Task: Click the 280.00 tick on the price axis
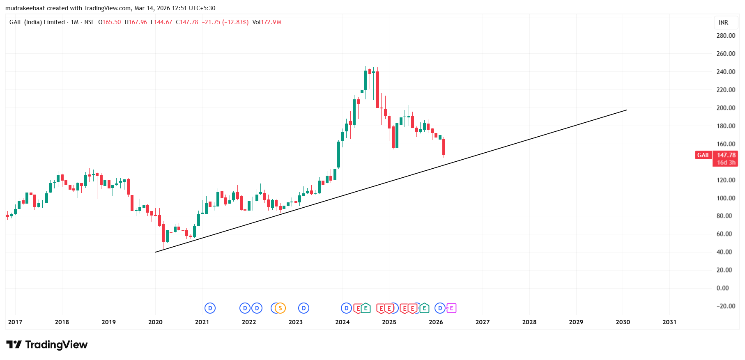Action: pyautogui.click(x=725, y=36)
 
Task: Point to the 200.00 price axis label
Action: pyautogui.click(x=725, y=108)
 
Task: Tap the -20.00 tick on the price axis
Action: pyautogui.click(x=725, y=306)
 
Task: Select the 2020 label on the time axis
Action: pyautogui.click(x=155, y=322)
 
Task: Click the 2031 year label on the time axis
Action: pyautogui.click(x=669, y=322)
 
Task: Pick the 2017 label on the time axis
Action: pyautogui.click(x=15, y=322)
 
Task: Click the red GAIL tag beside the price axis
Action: pyautogui.click(x=703, y=155)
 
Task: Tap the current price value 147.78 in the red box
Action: pyautogui.click(x=726, y=155)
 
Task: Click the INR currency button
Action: pyautogui.click(x=723, y=23)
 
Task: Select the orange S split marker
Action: pyautogui.click(x=281, y=308)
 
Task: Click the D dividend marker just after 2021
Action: pyautogui.click(x=210, y=308)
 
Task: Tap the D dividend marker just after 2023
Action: pyautogui.click(x=304, y=308)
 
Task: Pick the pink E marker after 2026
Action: pyautogui.click(x=451, y=308)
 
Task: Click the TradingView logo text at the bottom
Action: pyautogui.click(x=56, y=345)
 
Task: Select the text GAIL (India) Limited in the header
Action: pyautogui.click(x=37, y=22)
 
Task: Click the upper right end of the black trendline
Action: pyautogui.click(x=627, y=110)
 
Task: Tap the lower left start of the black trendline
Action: pyautogui.click(x=156, y=252)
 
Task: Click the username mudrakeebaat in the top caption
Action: pyautogui.click(x=25, y=8)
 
